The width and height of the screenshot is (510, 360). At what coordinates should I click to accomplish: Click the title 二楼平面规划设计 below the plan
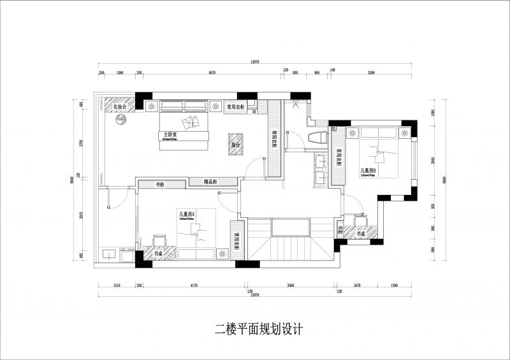[x=258, y=329]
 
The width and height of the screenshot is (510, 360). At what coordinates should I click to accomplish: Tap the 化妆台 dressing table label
[x=120, y=107]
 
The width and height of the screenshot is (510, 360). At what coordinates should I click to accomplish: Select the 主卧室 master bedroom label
[x=170, y=134]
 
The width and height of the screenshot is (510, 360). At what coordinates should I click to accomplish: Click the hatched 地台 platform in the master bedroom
[x=235, y=145]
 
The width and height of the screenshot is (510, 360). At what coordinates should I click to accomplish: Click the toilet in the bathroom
[x=317, y=137]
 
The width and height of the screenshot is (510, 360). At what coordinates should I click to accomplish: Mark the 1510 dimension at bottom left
[x=117, y=286]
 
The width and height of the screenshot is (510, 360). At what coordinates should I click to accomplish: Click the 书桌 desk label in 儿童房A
[x=158, y=254]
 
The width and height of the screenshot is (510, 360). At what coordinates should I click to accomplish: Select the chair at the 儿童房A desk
[x=157, y=240]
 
